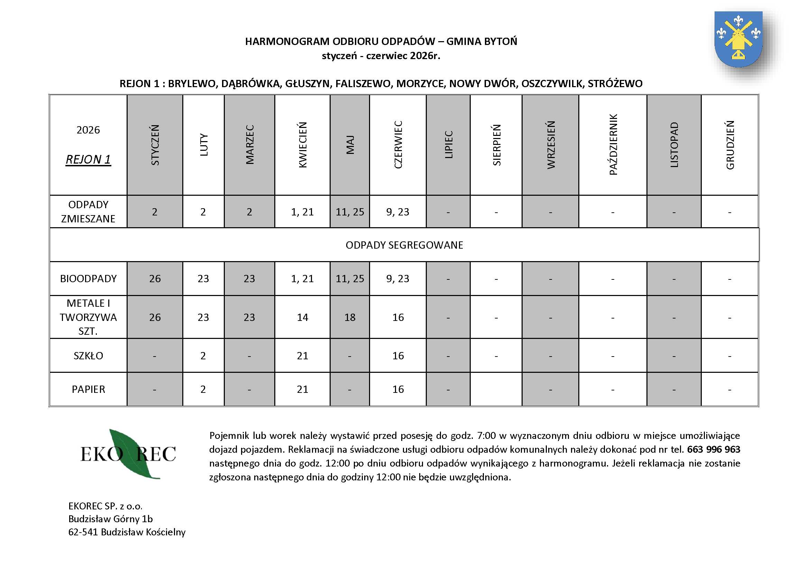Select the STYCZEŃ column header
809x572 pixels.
point(155,145)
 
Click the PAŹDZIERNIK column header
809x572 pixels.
point(613,145)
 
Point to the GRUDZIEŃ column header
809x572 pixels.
point(730,145)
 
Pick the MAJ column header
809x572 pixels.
point(350,145)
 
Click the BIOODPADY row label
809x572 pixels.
point(88,279)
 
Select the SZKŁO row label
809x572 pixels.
point(88,356)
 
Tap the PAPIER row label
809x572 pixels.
point(88,389)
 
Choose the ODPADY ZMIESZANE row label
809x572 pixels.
point(88,212)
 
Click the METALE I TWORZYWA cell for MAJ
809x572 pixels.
point(350,317)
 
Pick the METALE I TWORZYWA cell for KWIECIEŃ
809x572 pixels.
point(302,317)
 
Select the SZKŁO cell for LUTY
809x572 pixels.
point(203,356)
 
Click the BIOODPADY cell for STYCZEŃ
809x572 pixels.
point(155,279)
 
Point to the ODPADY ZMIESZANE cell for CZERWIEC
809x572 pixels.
point(398,212)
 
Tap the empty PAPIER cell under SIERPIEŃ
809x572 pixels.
point(496,389)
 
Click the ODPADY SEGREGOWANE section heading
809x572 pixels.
point(404,245)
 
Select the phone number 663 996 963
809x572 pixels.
point(714,450)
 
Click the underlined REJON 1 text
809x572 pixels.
point(88,159)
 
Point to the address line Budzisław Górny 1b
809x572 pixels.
point(111,519)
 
